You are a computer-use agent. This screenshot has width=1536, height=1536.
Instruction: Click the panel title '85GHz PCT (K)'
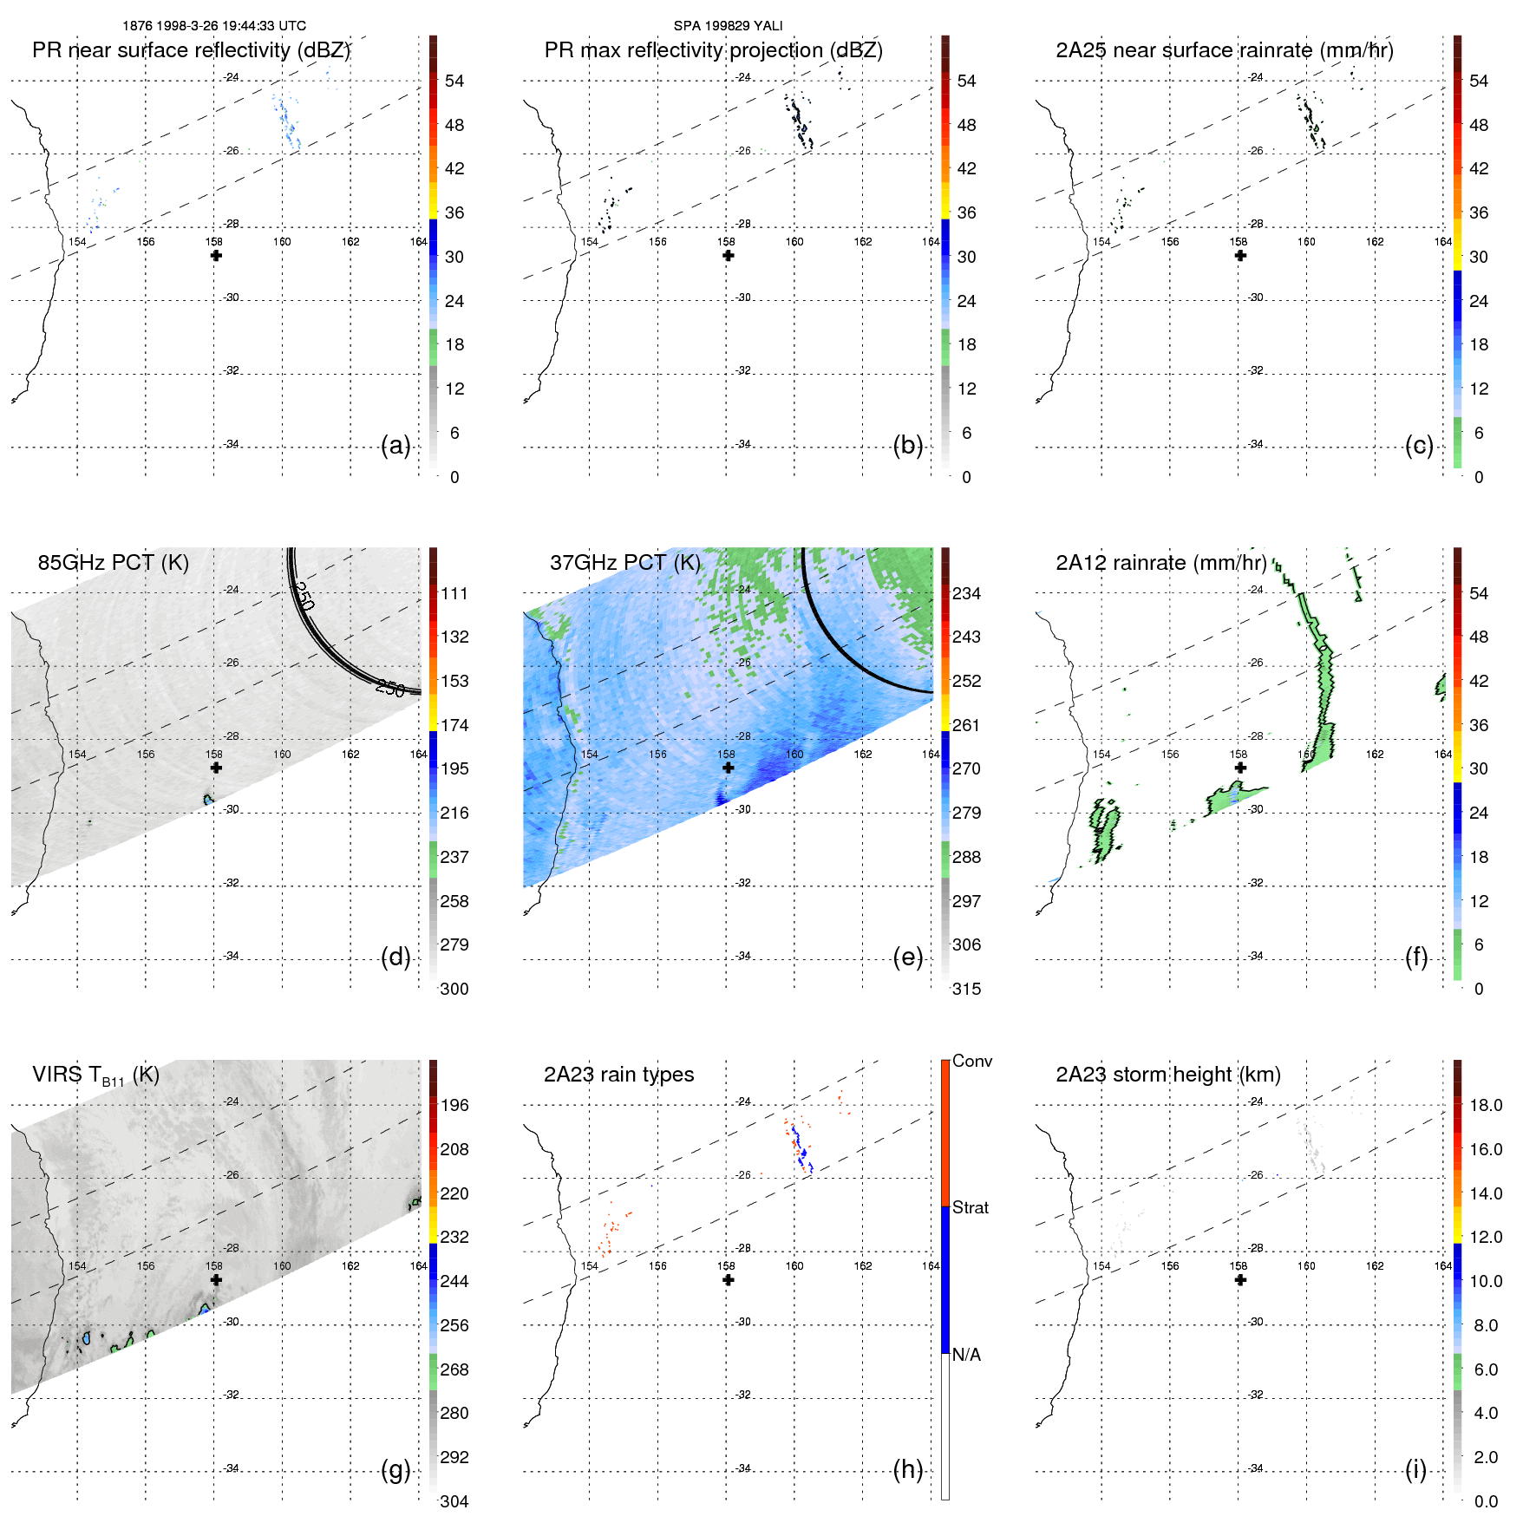point(113,562)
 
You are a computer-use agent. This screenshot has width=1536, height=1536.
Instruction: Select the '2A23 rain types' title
point(618,1075)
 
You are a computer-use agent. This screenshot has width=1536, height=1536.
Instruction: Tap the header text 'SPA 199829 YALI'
point(728,26)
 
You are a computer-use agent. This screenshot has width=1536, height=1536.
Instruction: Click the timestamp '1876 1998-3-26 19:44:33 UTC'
point(214,26)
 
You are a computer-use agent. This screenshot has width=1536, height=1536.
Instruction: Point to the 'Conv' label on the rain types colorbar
point(971,1061)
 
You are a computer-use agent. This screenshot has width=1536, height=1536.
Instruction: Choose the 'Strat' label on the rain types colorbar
point(970,1207)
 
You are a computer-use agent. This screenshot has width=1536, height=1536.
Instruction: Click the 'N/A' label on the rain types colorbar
point(966,1355)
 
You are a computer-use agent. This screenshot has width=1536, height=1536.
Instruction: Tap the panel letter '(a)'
point(395,446)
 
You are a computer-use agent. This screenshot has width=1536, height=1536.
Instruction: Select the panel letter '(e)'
point(907,958)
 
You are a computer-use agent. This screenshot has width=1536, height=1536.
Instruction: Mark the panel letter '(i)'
point(1415,1469)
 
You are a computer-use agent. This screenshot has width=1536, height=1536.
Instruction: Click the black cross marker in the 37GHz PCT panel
point(729,768)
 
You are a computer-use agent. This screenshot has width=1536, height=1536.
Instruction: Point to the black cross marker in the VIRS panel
point(216,1280)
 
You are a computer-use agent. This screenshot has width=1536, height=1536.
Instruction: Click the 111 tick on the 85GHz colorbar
point(454,593)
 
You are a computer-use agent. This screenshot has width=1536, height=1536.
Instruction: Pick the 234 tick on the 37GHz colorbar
point(966,593)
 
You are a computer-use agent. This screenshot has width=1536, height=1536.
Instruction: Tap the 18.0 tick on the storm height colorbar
point(1485,1105)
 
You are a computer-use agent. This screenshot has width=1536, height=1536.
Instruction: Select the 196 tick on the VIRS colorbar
point(454,1105)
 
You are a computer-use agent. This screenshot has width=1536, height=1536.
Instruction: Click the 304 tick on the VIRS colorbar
point(454,1501)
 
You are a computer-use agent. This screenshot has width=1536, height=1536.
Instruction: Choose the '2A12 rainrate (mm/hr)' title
point(1160,562)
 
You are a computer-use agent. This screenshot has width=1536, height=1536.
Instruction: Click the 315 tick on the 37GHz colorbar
point(966,989)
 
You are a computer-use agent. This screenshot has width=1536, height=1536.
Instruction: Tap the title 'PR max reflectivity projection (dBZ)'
point(713,50)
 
